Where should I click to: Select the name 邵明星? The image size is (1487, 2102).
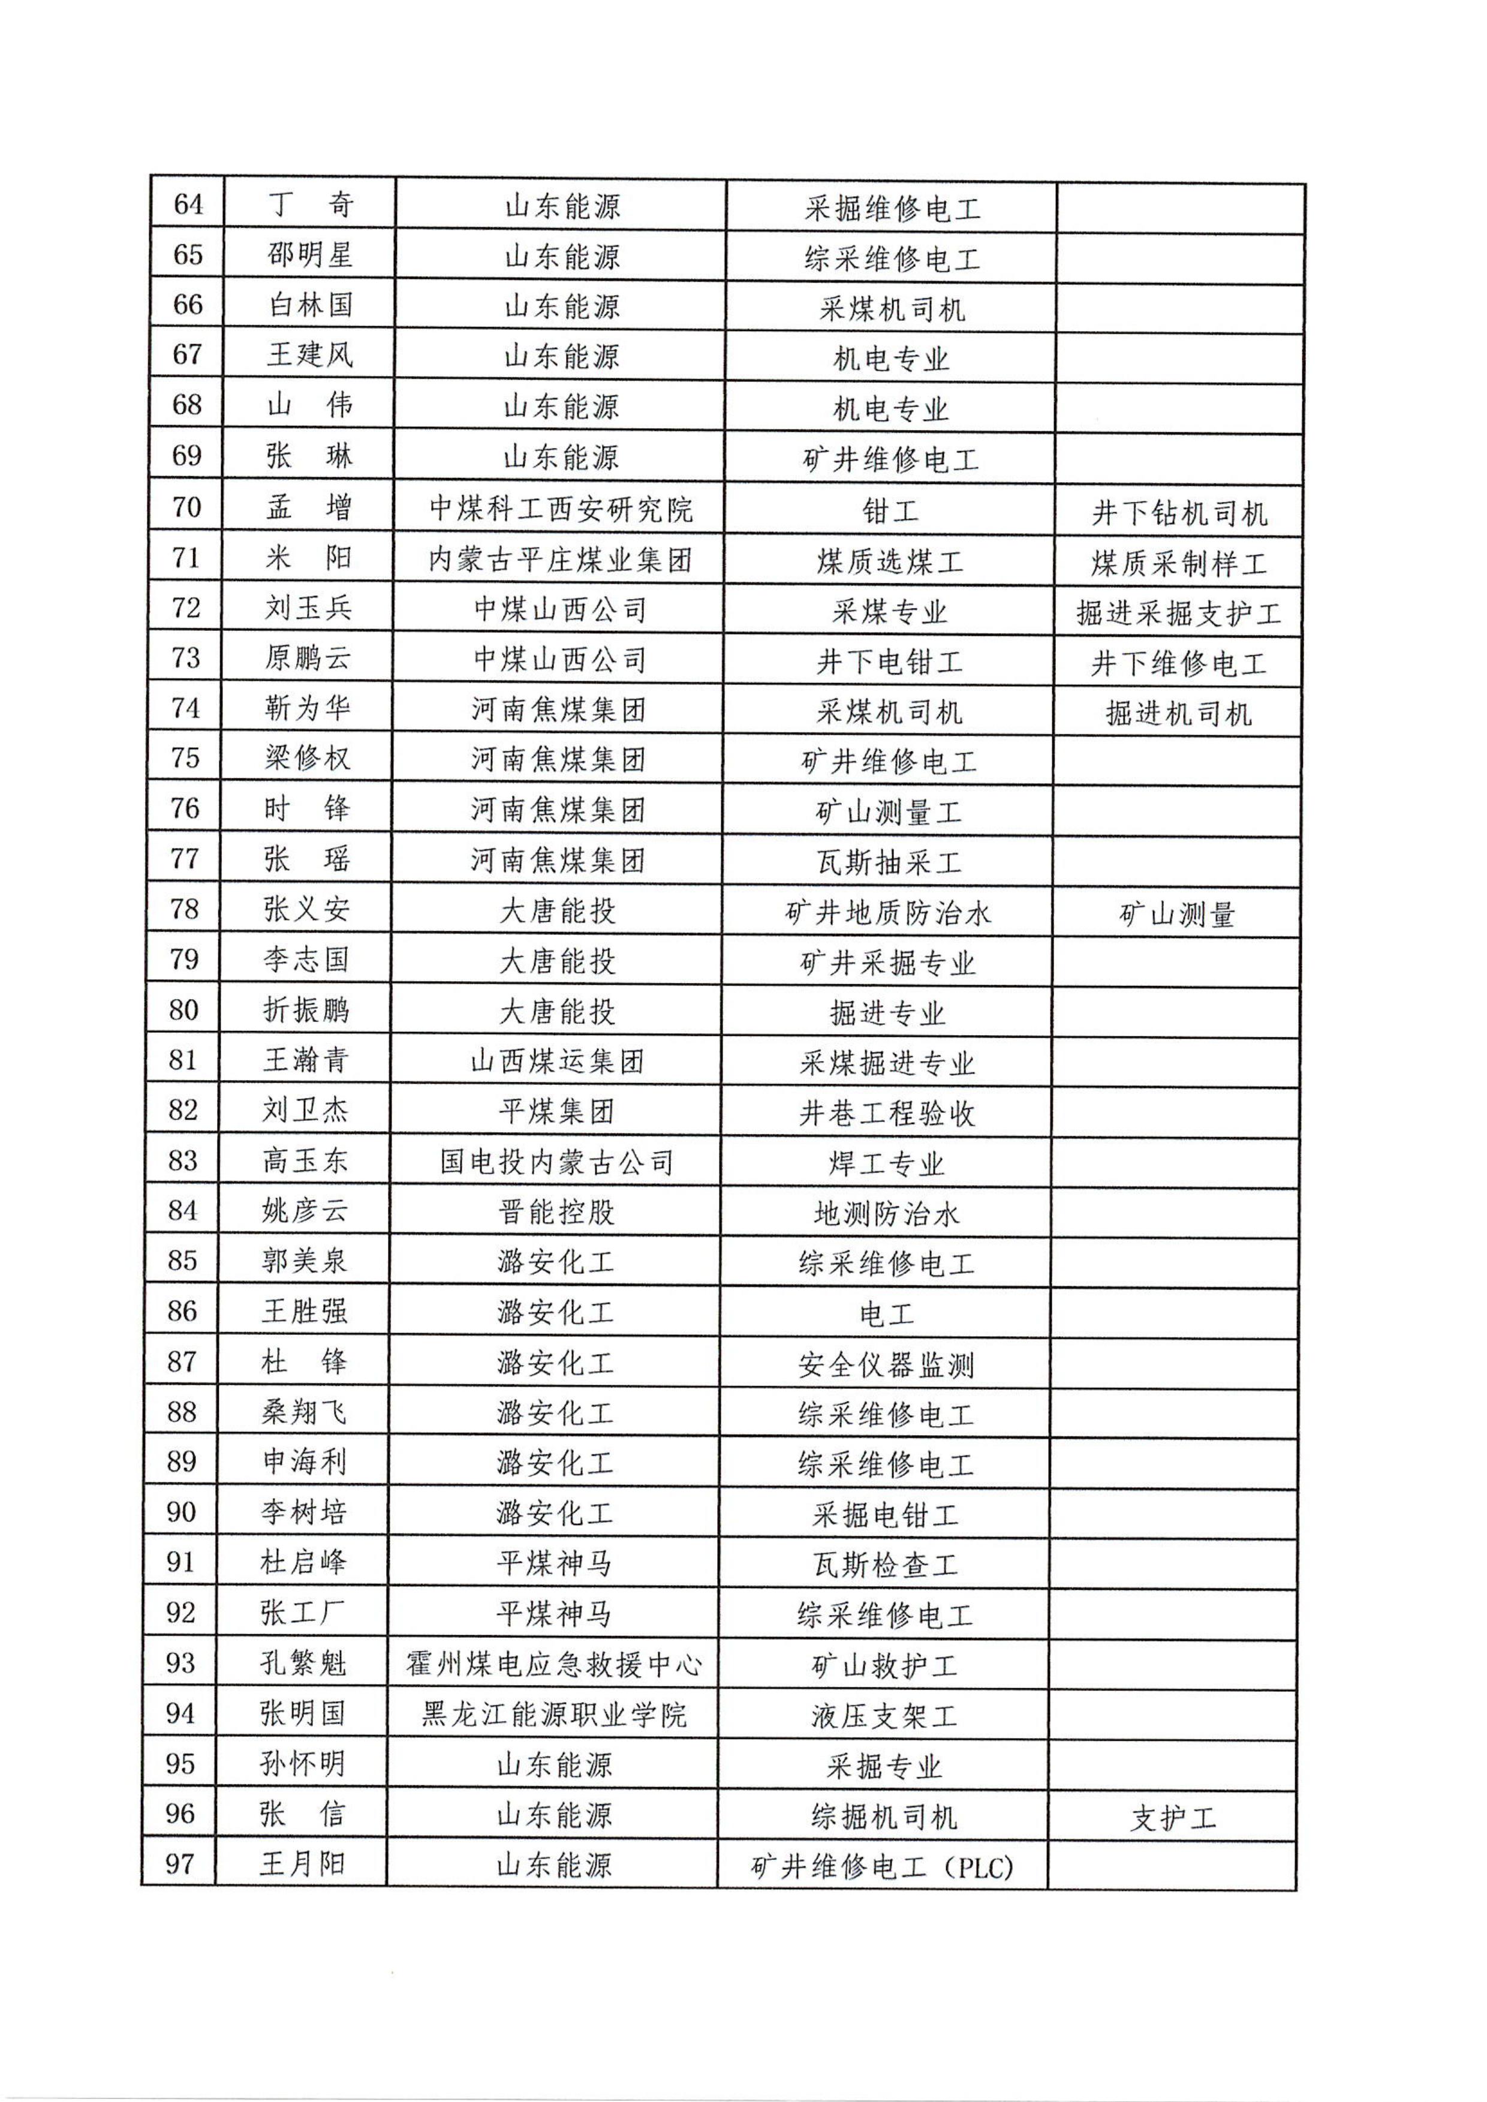click(x=309, y=255)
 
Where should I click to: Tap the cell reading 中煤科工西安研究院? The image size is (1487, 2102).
click(x=561, y=509)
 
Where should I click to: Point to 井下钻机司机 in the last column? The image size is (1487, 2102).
click(x=1179, y=513)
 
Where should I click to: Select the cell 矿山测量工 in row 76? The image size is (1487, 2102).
click(x=888, y=811)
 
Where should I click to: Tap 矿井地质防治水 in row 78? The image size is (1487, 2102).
click(x=888, y=912)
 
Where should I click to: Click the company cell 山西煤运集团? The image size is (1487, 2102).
click(x=558, y=1061)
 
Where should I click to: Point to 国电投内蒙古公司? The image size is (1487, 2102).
click(x=556, y=1162)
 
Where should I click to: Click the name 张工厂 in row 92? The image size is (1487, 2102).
click(x=302, y=1612)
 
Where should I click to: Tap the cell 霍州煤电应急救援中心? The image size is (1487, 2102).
click(x=554, y=1664)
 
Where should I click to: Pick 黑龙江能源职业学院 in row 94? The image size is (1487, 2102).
click(x=554, y=1715)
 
